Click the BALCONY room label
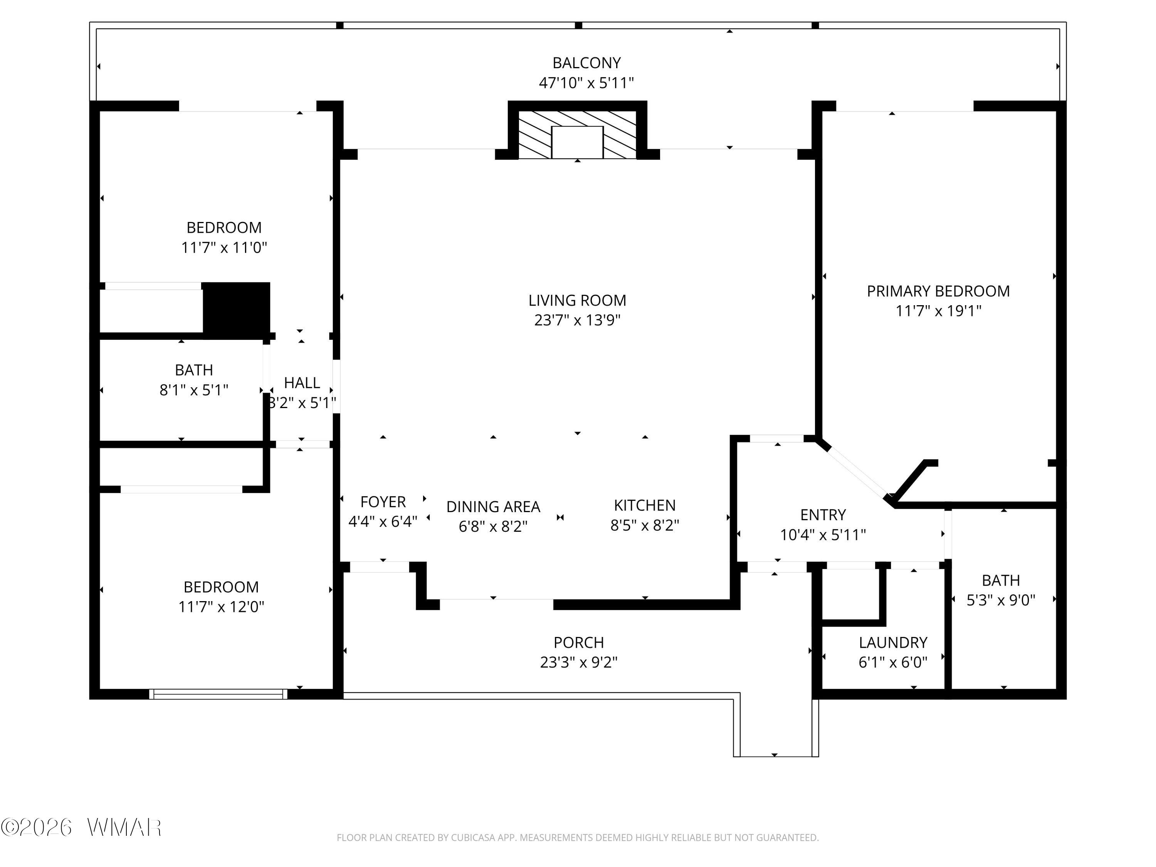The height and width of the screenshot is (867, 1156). [586, 63]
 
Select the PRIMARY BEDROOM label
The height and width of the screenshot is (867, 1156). [938, 291]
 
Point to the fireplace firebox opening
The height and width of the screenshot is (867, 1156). [578, 142]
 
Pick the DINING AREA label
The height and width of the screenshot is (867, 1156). [493, 506]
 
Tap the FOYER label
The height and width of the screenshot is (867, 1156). [383, 502]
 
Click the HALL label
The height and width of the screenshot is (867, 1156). [302, 383]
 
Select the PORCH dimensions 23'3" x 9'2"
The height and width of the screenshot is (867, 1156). [578, 662]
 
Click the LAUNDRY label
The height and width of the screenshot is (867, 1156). [893, 642]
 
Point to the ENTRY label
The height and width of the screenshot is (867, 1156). [823, 515]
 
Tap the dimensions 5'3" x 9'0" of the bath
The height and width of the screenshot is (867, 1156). [1001, 600]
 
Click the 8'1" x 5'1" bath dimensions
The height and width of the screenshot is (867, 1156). [194, 390]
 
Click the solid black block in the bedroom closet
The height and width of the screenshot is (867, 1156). [236, 307]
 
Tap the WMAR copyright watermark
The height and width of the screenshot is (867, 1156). [81, 827]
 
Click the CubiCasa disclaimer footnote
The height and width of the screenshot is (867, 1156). [578, 838]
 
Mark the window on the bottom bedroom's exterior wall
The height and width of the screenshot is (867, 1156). [218, 694]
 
